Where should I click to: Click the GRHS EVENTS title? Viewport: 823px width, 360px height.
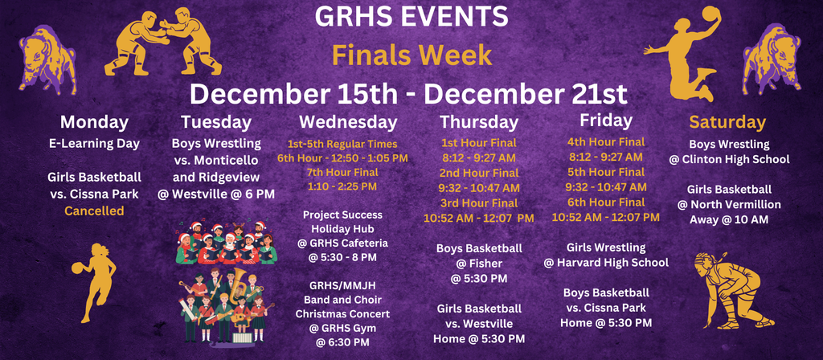point(411,16)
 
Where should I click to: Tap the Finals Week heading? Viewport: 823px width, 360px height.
point(411,55)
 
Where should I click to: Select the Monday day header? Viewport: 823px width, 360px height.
point(94,122)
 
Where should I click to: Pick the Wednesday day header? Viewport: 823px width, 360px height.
point(348,122)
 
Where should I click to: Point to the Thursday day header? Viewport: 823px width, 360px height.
point(479,122)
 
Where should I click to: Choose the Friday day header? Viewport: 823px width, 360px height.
point(605,121)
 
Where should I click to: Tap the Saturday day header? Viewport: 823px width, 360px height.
point(727,122)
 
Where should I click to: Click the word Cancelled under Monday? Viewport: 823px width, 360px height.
point(94,211)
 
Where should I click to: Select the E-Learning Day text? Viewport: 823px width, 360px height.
point(94,144)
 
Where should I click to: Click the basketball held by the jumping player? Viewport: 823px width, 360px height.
point(712,15)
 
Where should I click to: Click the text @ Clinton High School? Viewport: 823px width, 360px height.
point(729,159)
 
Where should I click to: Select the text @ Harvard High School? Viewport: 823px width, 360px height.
point(606,263)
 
